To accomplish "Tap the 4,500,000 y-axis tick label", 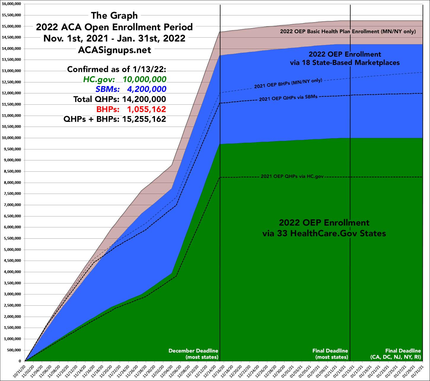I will pos(12,261).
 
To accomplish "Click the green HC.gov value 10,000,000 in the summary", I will pos(145,79).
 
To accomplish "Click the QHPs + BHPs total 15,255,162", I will pos(145,119).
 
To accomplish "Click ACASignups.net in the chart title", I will pos(114,50).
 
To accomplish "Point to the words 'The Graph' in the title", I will pos(114,15).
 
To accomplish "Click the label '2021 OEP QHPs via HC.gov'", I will pos(292,176).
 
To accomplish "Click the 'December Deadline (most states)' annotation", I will pos(193,354).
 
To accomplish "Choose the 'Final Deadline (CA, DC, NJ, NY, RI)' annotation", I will pos(395,354).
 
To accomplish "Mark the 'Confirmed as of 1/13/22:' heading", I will pos(117,69).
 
